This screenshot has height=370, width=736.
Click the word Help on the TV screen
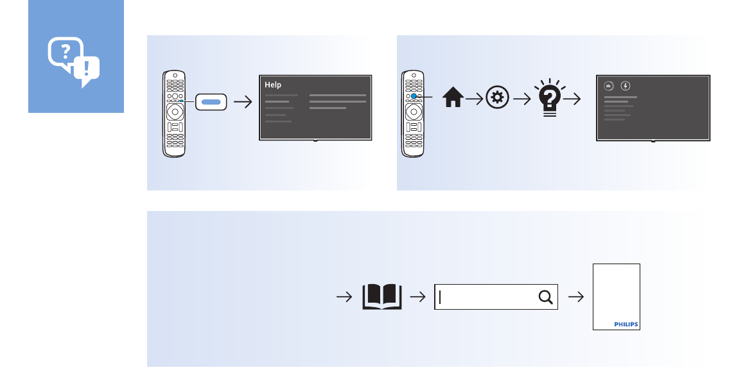[273, 85]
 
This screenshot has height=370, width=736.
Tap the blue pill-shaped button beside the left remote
[211, 101]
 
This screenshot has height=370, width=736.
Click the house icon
[453, 98]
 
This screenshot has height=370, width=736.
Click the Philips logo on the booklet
[626, 324]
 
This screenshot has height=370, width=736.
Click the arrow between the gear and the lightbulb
[520, 99]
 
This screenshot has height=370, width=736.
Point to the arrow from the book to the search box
[418, 297]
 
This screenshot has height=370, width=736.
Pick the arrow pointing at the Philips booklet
[577, 297]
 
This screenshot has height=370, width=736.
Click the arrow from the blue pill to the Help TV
[243, 101]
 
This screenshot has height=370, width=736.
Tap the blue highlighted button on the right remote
[414, 96]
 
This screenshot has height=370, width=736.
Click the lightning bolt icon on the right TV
[626, 85]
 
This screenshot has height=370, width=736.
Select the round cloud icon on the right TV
[609, 85]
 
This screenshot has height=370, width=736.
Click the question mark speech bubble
[65, 53]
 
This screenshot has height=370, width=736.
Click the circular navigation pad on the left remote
[174, 112]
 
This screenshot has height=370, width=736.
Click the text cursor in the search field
[441, 297]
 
